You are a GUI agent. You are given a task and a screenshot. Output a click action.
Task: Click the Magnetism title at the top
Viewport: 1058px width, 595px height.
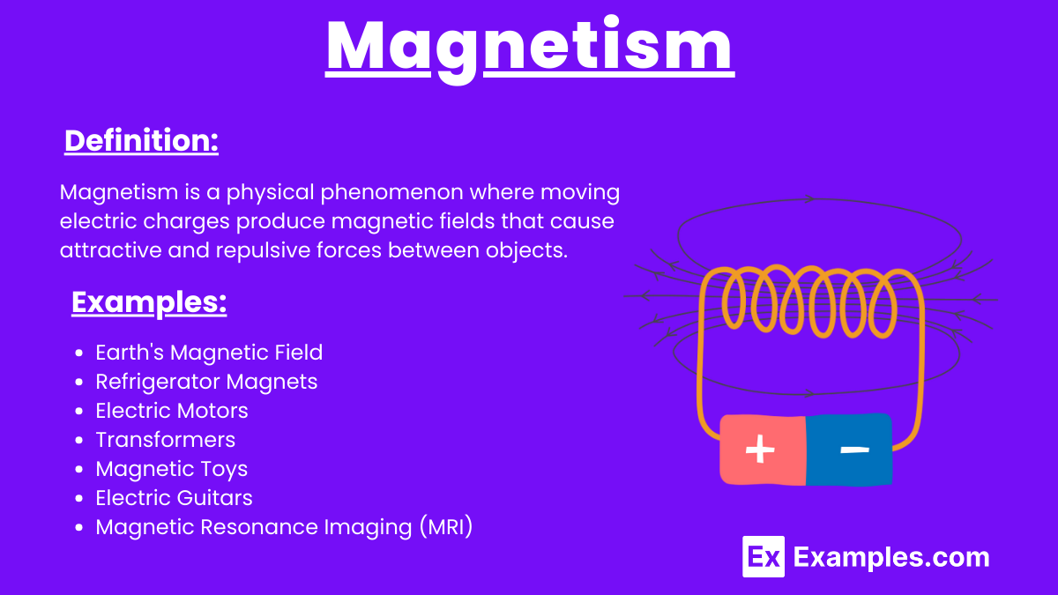coord(530,48)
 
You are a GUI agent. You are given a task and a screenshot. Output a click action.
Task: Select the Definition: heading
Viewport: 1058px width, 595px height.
coord(141,141)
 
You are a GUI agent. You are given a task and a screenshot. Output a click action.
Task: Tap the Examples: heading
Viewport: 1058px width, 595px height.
coord(149,302)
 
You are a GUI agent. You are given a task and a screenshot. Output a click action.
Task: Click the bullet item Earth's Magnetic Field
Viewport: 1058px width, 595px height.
coord(209,353)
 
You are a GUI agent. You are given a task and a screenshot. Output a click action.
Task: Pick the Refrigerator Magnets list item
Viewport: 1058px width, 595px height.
coord(206,382)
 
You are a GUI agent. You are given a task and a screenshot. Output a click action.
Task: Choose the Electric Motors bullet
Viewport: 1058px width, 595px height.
coord(171,411)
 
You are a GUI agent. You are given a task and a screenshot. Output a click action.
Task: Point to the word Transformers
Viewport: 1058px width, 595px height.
coord(166,440)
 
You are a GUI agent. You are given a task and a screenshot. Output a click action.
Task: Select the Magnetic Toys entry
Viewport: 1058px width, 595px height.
coord(171,469)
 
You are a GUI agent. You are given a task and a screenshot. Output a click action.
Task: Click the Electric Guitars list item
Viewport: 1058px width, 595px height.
coord(174,498)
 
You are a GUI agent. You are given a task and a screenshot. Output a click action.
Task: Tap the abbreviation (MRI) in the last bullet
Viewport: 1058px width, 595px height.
coord(446,527)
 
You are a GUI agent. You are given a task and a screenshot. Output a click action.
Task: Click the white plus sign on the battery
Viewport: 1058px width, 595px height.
coord(760,449)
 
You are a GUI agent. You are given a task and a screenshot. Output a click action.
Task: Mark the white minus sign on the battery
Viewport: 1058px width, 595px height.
coord(855,450)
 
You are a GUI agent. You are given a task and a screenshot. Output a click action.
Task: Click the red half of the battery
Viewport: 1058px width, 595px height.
coord(763,450)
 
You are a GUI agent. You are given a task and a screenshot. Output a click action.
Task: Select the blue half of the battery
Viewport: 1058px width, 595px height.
coord(849,450)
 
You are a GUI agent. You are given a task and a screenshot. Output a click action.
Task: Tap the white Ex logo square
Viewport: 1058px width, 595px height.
coord(764,557)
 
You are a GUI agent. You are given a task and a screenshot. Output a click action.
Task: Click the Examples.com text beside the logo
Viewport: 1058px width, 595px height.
coord(891,558)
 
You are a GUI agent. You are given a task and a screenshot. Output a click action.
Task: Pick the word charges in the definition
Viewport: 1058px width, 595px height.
coord(186,221)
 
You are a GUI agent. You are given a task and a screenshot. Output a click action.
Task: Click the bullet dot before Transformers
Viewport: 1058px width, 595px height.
coord(78,440)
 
